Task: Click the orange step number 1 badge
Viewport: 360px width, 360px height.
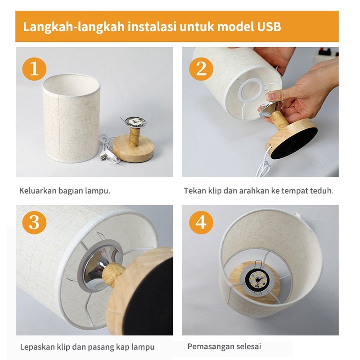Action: pos(34,69)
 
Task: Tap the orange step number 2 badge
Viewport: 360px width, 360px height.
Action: pos(201,69)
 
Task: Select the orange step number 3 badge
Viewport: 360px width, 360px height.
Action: pos(34,222)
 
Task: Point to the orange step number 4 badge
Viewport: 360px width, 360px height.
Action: pos(201,222)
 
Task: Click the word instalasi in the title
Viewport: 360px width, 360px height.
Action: pos(152,27)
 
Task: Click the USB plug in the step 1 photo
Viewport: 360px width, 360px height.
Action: pos(104,157)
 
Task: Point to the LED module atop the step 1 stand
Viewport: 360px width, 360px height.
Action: pos(135,121)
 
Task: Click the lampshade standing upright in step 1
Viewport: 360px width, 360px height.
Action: pos(71,118)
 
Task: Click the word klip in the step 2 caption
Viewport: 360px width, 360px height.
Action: pos(215,191)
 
